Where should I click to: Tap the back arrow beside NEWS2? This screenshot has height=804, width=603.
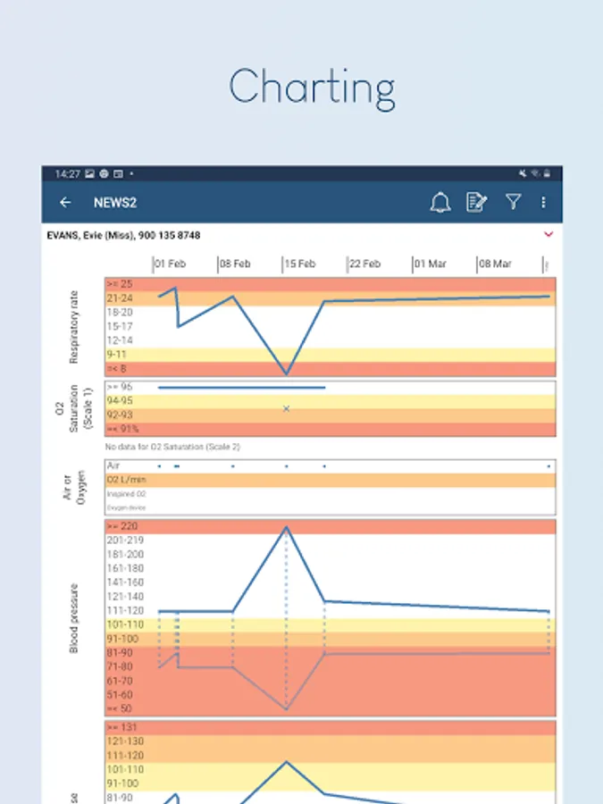pos(65,203)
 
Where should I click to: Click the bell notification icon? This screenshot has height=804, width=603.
pos(440,203)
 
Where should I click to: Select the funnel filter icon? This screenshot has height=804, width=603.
pos(513,203)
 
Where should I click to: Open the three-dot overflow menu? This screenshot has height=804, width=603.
pos(543,203)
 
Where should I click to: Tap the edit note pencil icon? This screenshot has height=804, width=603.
pos(477,203)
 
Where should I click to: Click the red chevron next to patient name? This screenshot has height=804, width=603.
pos(549,234)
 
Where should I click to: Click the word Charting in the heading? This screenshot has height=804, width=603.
pos(312,88)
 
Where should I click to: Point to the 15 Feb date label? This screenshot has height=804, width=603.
pos(299,264)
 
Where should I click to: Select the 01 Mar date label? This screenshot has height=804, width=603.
pos(430,264)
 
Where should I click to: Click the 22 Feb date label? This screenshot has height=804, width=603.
pos(364,264)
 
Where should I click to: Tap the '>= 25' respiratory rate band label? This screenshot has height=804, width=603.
pos(119,284)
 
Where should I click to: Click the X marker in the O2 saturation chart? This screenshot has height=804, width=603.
pos(287,408)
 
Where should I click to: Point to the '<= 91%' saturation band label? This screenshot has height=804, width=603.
pos(123,430)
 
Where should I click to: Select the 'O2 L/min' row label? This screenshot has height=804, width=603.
pos(126,480)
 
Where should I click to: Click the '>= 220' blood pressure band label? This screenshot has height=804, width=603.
pos(121,526)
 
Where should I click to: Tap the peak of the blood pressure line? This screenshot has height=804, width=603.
pos(287,526)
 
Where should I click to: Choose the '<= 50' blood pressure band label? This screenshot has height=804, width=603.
pos(120,708)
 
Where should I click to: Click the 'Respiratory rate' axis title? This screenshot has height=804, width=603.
pos(75,326)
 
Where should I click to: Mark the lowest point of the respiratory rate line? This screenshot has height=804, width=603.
pos(287,373)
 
